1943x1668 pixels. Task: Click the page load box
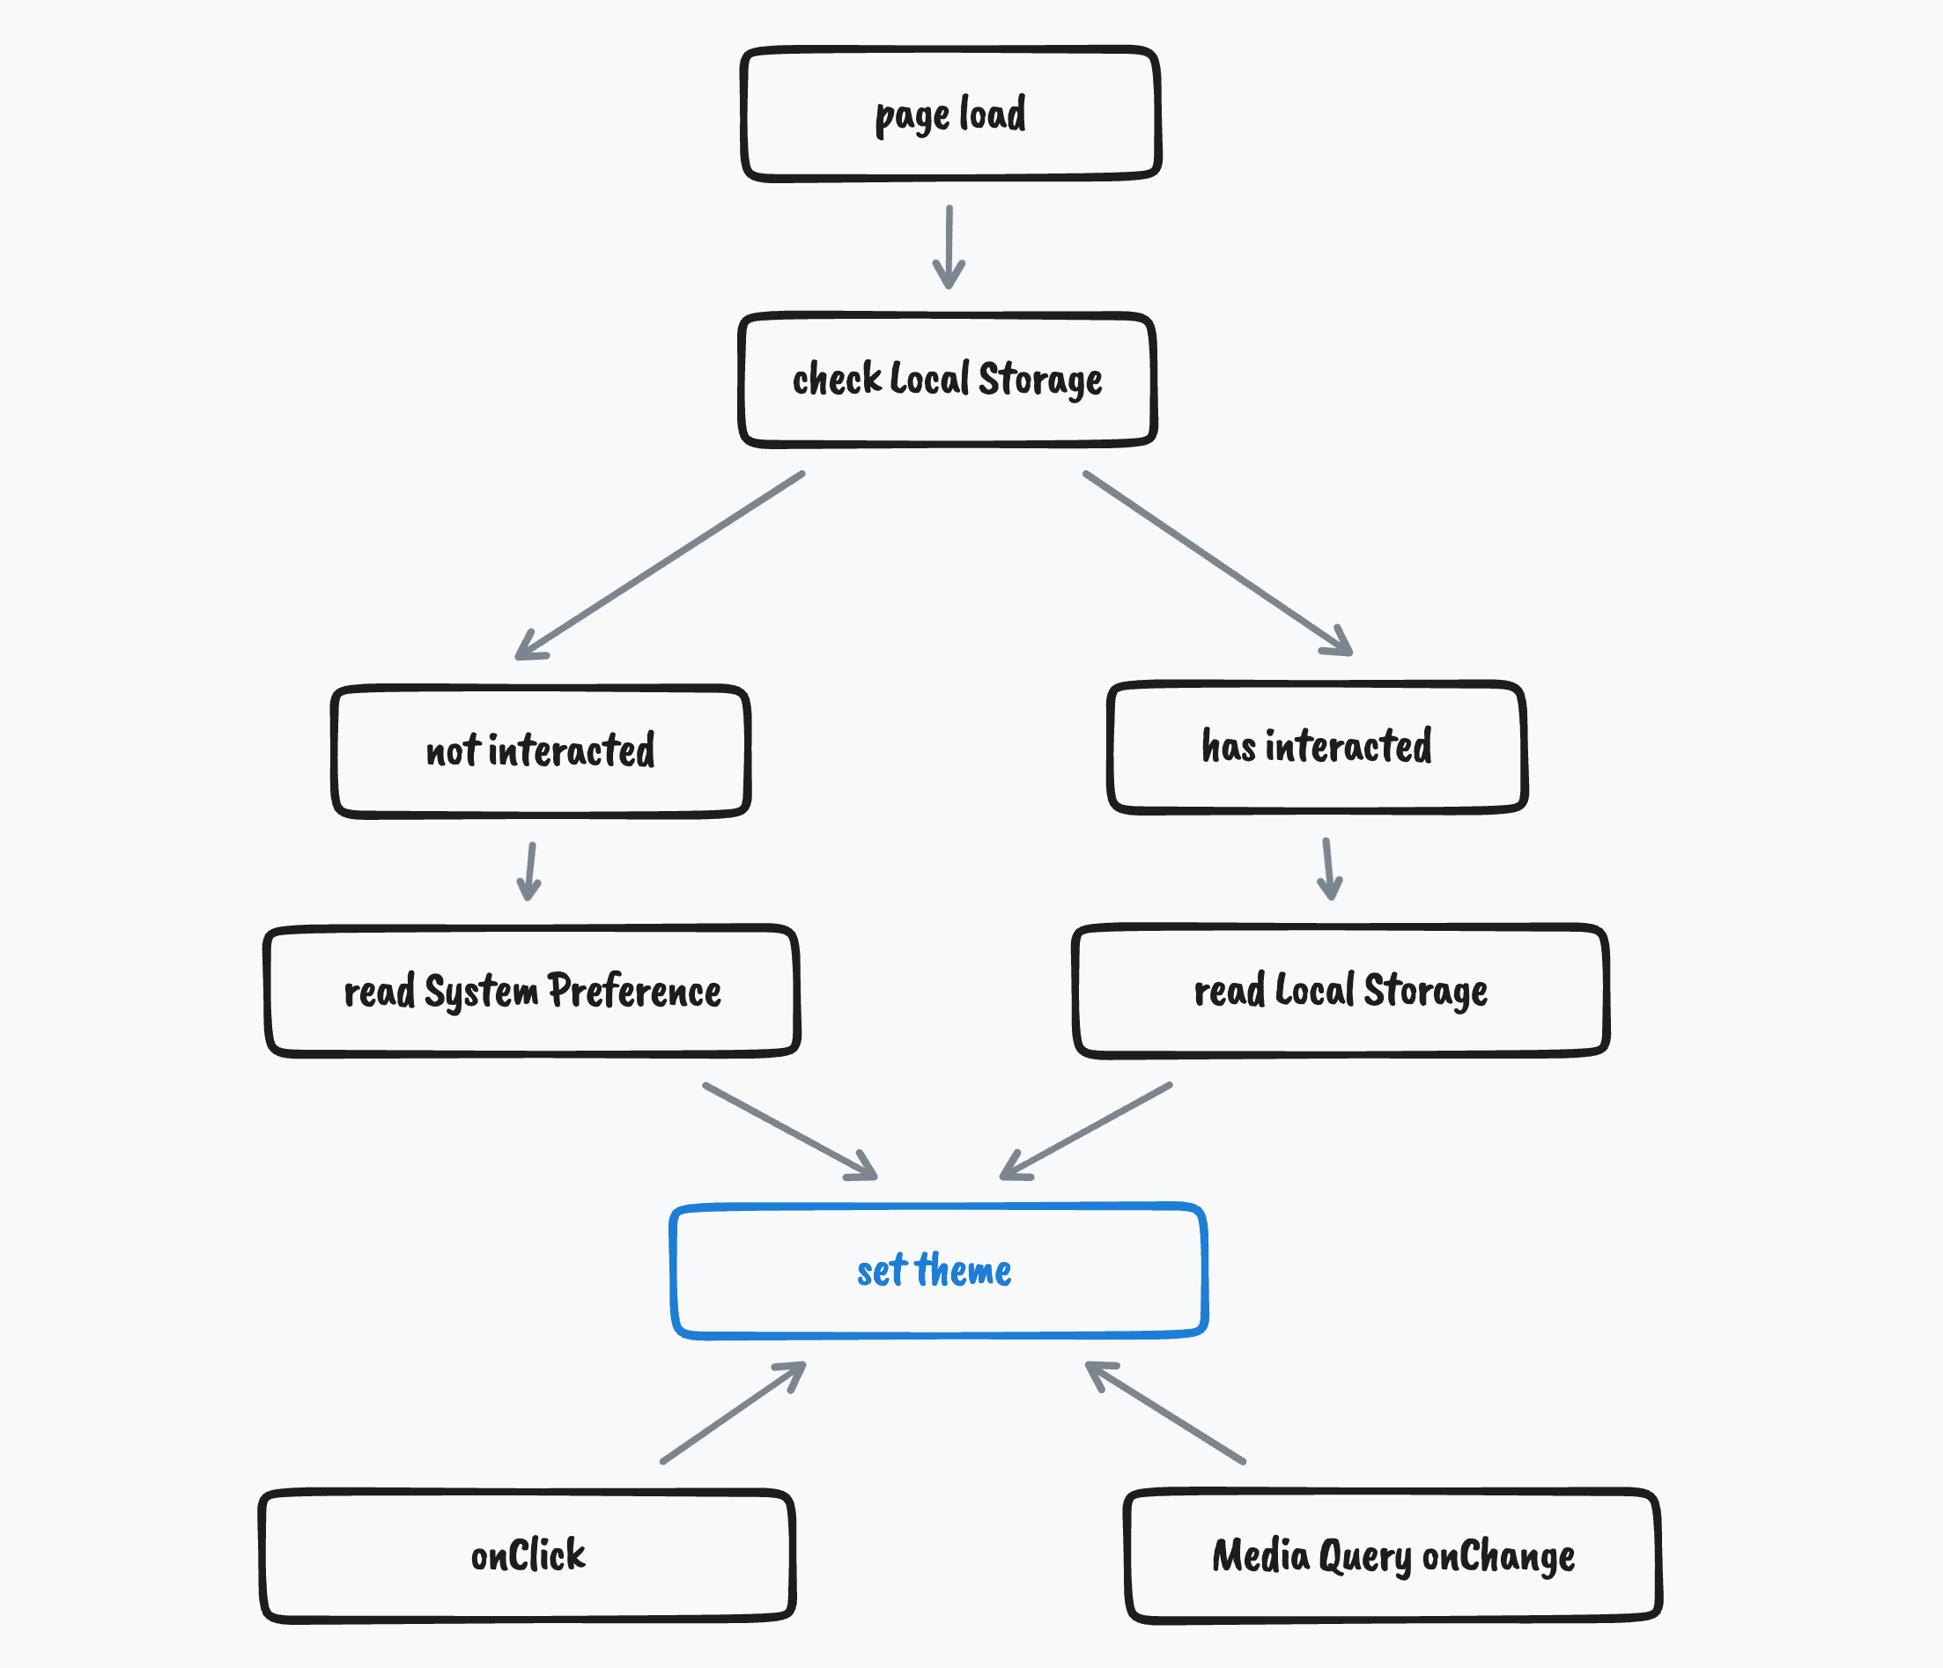[950, 114]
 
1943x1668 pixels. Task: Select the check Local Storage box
[947, 380]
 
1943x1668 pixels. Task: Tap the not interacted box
[541, 751]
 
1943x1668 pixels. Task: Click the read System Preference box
[532, 991]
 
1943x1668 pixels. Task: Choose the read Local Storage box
[1340, 991]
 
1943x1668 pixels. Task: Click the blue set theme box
[938, 1271]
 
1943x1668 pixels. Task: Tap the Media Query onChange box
[1393, 1555]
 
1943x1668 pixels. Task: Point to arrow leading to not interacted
[661, 565]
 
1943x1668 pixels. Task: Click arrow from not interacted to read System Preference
[531, 871]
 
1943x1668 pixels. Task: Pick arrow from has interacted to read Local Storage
[1328, 869]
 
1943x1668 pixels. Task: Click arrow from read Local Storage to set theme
[1086, 1131]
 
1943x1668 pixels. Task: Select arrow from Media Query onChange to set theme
[1164, 1412]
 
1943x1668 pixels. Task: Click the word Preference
[634, 991]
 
